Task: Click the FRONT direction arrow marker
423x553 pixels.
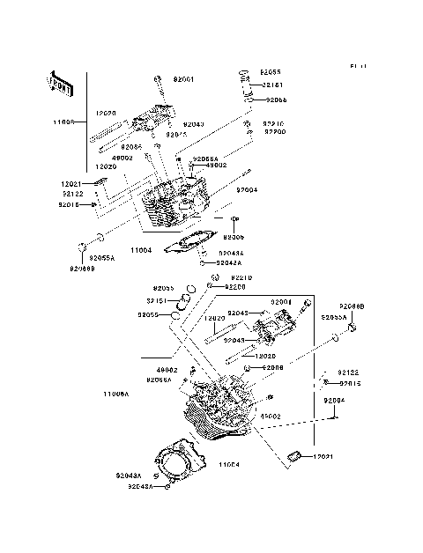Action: click(57, 84)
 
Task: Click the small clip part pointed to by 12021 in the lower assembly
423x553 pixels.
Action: click(294, 455)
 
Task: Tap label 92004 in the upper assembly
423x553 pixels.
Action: click(247, 189)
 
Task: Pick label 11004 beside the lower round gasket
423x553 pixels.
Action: click(230, 464)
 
